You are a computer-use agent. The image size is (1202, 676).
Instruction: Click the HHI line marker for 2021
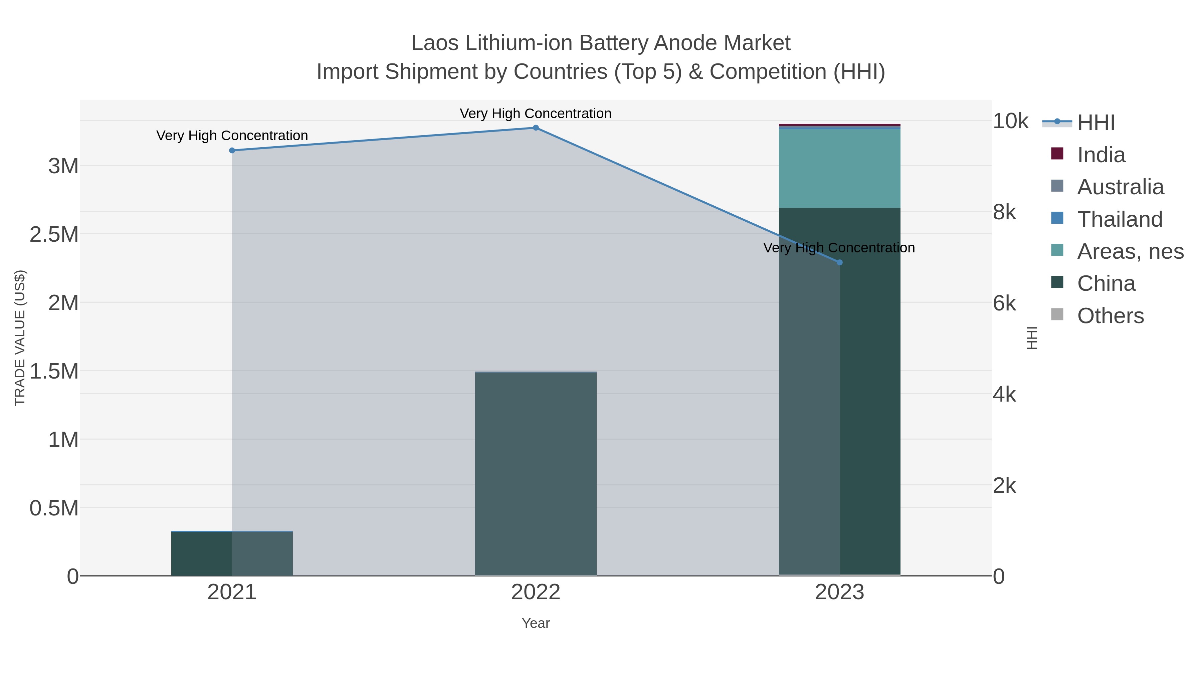(232, 150)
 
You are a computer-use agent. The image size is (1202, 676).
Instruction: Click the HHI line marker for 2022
(536, 128)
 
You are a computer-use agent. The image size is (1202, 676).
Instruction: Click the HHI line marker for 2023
(839, 263)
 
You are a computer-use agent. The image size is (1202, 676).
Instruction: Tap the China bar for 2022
(536, 473)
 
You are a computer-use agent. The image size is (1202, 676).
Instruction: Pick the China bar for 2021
(232, 554)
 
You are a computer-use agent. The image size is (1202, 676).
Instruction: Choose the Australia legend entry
(1120, 187)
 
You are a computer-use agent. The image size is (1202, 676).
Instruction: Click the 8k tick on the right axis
(1004, 212)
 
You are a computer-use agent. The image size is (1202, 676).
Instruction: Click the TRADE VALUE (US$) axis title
(20, 338)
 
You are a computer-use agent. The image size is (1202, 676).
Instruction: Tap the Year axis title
(536, 623)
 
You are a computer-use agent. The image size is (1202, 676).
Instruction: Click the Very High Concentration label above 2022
(535, 114)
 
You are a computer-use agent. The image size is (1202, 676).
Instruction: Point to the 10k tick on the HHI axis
(1010, 121)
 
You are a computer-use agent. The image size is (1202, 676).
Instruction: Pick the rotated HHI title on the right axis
(1032, 338)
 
